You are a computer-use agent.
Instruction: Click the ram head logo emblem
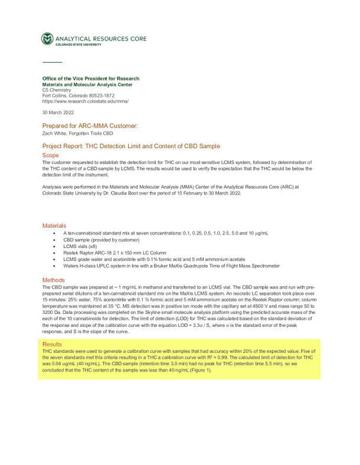(47, 39)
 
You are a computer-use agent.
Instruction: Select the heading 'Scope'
(50, 156)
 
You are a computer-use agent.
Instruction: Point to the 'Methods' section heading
(53, 280)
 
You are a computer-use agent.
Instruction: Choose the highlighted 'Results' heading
(53, 343)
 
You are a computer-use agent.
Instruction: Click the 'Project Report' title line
(131, 146)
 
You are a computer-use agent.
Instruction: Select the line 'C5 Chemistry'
(57, 90)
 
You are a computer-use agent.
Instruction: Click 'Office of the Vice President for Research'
(91, 78)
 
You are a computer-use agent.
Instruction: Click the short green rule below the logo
(52, 62)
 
